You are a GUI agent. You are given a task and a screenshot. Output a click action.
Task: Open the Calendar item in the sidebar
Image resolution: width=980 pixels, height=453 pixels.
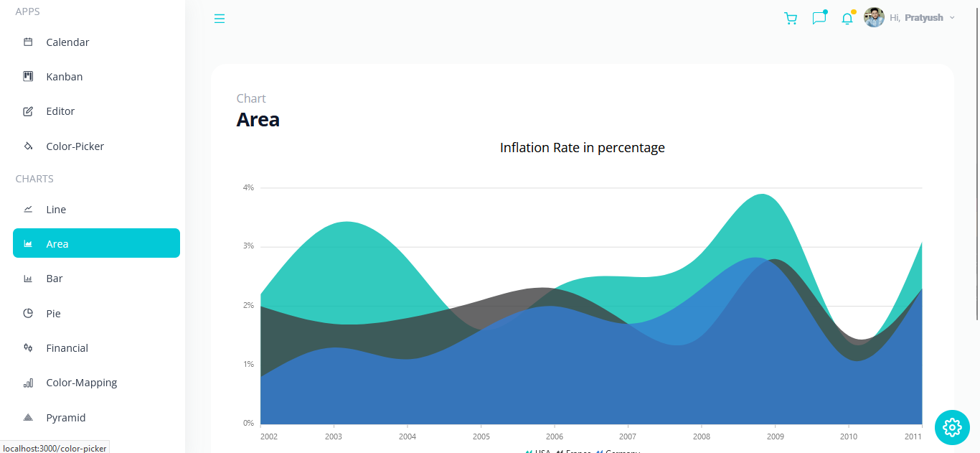pos(67,42)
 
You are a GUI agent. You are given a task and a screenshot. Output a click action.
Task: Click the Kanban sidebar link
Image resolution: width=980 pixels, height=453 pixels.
pos(64,77)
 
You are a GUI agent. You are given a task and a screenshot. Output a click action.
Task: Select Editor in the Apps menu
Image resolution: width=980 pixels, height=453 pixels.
pos(60,111)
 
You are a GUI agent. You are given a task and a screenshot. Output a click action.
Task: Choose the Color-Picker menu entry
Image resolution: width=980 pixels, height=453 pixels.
pos(75,146)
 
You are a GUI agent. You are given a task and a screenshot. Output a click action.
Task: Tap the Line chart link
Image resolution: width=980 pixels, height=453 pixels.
pos(56,210)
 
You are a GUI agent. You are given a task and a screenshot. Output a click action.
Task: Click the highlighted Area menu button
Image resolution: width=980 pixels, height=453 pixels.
pos(96,243)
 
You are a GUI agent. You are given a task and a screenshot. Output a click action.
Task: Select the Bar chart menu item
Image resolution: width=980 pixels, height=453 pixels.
pos(55,279)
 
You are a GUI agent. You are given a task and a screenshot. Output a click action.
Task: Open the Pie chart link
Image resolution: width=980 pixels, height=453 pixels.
pos(53,314)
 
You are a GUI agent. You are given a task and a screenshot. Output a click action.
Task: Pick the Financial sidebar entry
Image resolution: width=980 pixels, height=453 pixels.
pos(67,348)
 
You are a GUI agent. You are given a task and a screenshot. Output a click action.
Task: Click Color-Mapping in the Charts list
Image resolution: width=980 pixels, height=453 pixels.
pos(81,383)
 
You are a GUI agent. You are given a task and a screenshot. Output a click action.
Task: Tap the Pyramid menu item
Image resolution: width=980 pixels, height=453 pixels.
pos(65,418)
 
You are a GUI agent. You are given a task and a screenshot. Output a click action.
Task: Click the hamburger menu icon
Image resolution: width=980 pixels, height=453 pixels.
pos(220,19)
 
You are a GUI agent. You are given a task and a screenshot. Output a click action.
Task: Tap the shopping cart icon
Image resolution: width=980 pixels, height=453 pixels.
pos(791,19)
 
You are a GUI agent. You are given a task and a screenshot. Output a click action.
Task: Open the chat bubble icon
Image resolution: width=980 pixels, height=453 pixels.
pos(819,18)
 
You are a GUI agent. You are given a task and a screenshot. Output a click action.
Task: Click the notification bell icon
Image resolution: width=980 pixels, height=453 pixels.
pos(847,19)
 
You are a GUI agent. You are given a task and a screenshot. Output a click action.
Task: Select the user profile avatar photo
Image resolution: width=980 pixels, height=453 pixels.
pos(874,17)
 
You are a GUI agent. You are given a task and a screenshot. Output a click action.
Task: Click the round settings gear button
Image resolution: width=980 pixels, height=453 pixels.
pos(952,427)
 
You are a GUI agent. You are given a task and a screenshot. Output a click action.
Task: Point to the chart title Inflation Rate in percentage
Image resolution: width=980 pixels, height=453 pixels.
pos(582,148)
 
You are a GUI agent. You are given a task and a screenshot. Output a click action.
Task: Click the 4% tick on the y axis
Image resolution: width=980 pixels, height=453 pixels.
pos(248,188)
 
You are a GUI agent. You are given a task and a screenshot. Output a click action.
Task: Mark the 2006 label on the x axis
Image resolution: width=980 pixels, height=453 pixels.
pos(554,436)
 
